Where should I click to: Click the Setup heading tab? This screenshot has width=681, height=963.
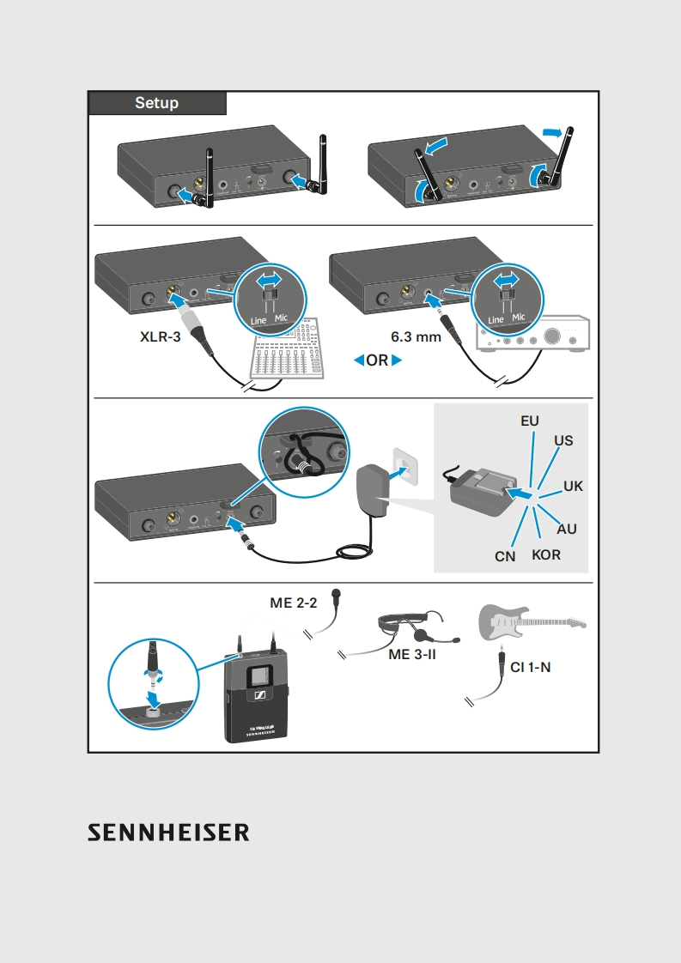157,103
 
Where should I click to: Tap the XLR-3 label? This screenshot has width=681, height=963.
161,337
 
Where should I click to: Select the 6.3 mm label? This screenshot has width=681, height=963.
416,337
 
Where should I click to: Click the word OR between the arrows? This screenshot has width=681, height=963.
378,361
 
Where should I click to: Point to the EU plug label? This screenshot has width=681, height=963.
530,421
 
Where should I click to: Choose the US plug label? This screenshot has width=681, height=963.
563,441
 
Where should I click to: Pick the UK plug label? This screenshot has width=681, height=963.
573,486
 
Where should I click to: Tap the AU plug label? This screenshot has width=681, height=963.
567,529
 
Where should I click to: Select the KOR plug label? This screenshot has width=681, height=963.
546,555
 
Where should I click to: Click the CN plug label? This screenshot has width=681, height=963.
505,556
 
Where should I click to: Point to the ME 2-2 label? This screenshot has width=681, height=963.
294,603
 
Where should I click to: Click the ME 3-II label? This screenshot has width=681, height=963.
413,655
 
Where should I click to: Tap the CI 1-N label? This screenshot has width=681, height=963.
530,666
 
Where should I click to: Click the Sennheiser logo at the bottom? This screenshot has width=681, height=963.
168,832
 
